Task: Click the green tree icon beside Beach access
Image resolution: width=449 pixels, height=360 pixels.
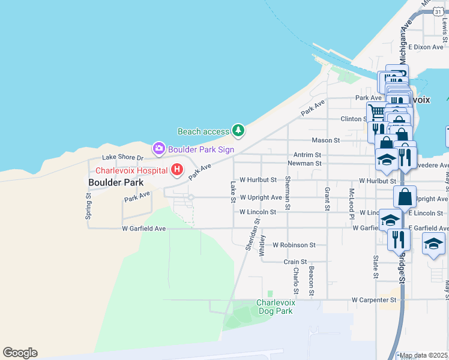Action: pos(239,130)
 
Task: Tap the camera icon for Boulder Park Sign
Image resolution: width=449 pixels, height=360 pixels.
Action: pos(158,148)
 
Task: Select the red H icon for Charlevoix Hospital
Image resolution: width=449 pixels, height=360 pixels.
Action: pos(177,170)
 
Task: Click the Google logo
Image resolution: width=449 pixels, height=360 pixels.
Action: pos(20,353)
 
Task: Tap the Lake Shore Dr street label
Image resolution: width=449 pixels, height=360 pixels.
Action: pos(122,158)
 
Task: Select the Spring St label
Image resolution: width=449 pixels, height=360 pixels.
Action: pos(89,205)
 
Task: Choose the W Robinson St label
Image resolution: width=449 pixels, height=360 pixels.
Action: pos(294,245)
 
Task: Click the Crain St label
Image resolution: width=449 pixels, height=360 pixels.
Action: pos(295,262)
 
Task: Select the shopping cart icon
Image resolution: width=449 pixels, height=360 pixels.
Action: pos(376,112)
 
